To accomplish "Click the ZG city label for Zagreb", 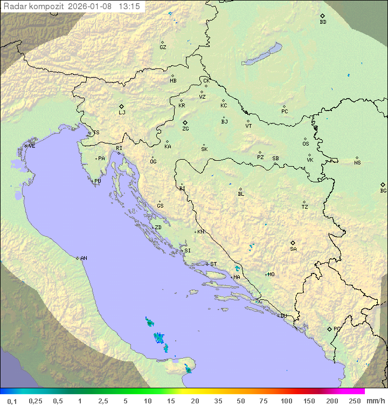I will (x=185, y=129).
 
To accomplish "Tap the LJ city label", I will (x=122, y=113).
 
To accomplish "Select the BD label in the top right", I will (x=323, y=22).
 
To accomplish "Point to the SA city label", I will (x=293, y=249).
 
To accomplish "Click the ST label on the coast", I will (x=213, y=264).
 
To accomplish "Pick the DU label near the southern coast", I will (x=283, y=316).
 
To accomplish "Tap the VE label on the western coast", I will (x=32, y=146).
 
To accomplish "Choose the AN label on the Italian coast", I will (x=84, y=258).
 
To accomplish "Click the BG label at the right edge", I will (x=383, y=190).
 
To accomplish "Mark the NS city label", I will (x=357, y=163).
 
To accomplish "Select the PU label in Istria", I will (x=98, y=181).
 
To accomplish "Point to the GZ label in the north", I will (x=163, y=47).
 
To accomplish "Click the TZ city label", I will (x=305, y=207).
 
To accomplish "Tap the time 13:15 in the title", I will (x=129, y=6).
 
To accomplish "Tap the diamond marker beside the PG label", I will (x=329, y=328).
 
